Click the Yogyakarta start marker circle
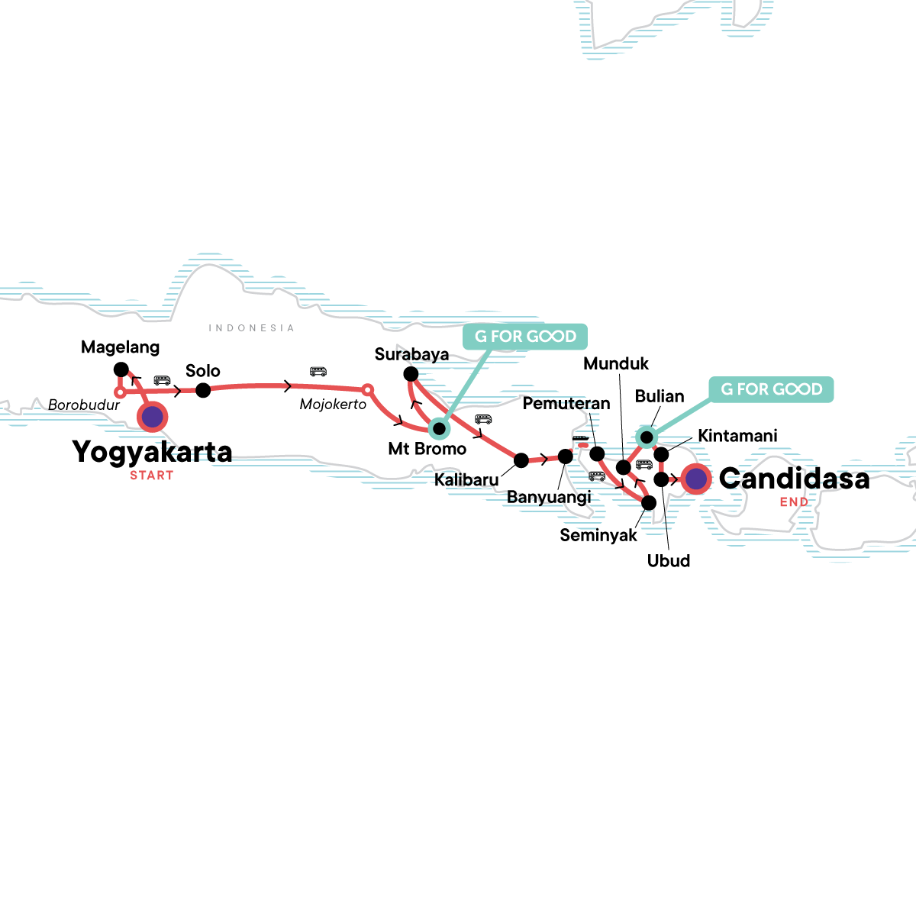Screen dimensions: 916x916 click(153, 417)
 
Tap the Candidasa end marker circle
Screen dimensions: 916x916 click(696, 479)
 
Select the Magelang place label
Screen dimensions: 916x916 click(121, 347)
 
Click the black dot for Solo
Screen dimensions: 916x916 click(203, 390)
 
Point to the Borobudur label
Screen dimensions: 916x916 click(84, 405)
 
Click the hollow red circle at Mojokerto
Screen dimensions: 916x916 click(367, 390)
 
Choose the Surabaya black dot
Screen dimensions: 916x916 click(411, 374)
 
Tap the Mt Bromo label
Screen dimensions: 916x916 click(427, 449)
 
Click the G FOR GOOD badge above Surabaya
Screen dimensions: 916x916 click(526, 337)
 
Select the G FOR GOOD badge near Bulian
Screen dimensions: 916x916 click(772, 389)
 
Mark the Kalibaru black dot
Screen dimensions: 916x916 click(521, 460)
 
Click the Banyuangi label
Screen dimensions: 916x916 click(549, 498)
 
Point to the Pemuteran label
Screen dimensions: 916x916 click(566, 403)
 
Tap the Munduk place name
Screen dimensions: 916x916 click(616, 363)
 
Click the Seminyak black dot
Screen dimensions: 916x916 click(649, 503)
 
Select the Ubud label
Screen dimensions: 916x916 click(669, 561)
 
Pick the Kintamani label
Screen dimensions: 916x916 click(738, 436)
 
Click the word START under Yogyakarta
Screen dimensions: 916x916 click(152, 476)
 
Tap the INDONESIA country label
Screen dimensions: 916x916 click(251, 328)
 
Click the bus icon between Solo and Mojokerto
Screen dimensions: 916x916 click(318, 372)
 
